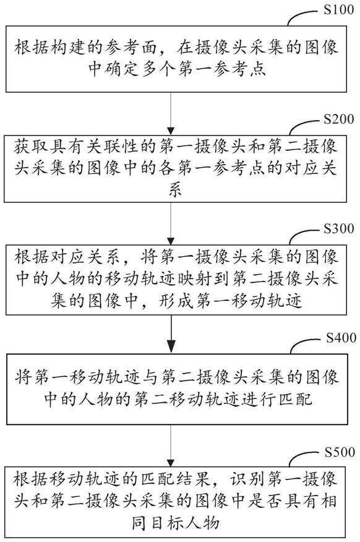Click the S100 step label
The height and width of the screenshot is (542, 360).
pyautogui.click(x=338, y=9)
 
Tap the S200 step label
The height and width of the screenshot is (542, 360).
pyautogui.click(x=338, y=119)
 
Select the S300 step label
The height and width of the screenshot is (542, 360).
pyautogui.click(x=338, y=228)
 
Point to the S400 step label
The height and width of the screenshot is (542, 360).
pyautogui.click(x=341, y=338)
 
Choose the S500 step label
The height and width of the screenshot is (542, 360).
pyautogui.click(x=340, y=452)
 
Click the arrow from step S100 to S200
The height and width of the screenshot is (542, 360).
pyautogui.click(x=171, y=113)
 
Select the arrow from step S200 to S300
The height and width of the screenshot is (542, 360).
pyautogui.click(x=171, y=223)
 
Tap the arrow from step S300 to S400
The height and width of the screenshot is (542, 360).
pyautogui.click(x=171, y=334)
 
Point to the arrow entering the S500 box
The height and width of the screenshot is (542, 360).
pyautogui.click(x=171, y=446)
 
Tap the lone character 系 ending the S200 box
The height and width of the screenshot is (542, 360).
pyautogui.click(x=175, y=190)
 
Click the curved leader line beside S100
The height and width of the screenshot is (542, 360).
pyautogui.click(x=301, y=17)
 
